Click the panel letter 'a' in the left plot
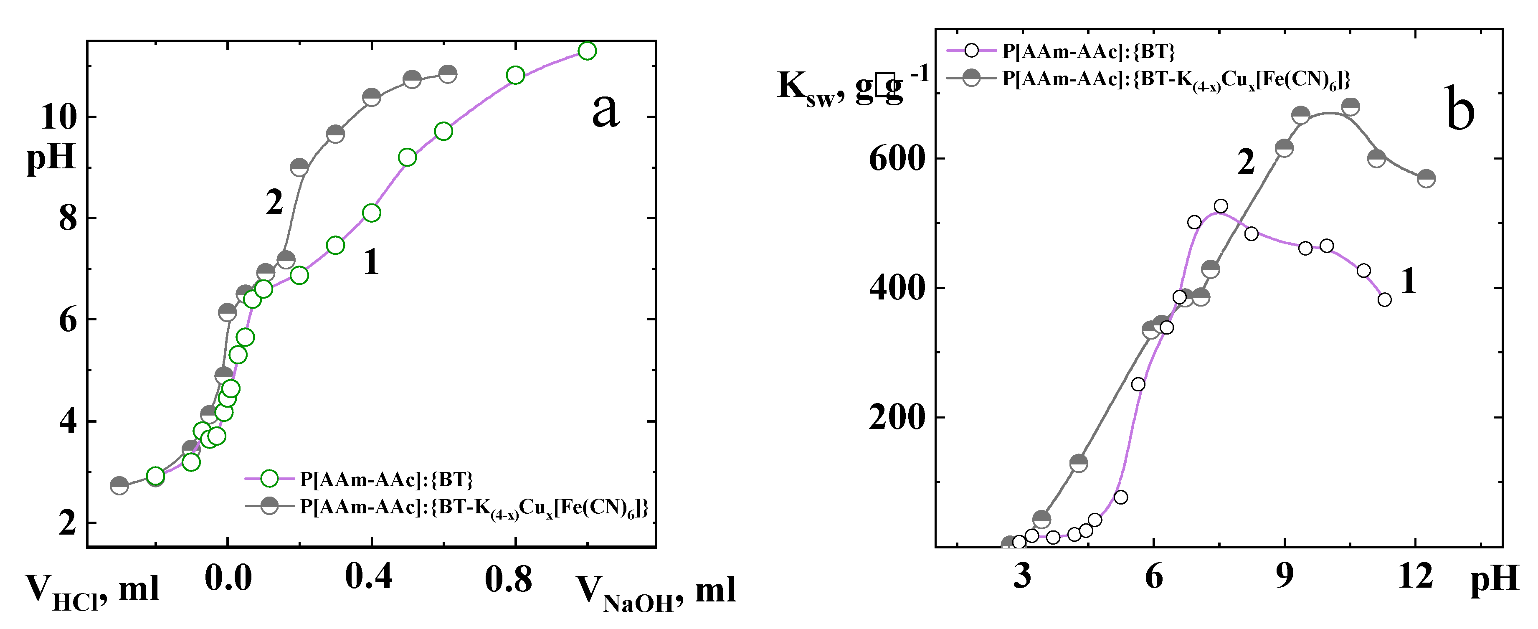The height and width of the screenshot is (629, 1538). [x=605, y=112]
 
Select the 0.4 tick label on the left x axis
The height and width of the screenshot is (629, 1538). [x=368, y=578]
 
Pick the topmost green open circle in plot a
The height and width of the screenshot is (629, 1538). [x=588, y=51]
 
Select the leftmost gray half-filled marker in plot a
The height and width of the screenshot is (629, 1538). [x=119, y=486]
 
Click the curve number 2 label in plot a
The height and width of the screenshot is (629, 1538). [x=274, y=203]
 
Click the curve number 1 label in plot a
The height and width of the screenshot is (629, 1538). [x=371, y=261]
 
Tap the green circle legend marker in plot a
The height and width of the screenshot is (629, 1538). [x=269, y=479]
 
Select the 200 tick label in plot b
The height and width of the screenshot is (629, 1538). [x=896, y=417]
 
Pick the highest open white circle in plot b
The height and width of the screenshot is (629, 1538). [x=1221, y=206]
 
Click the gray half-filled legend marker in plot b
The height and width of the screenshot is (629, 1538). [x=971, y=78]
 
